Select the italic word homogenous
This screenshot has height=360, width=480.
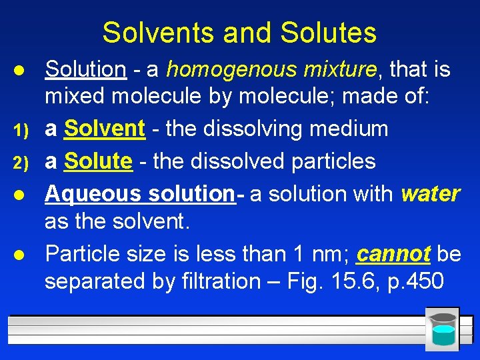click(226, 69)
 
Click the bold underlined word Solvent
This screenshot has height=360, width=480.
click(105, 129)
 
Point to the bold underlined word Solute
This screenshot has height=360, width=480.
click(99, 161)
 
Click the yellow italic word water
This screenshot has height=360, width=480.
click(431, 193)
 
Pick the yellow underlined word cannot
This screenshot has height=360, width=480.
click(393, 254)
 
